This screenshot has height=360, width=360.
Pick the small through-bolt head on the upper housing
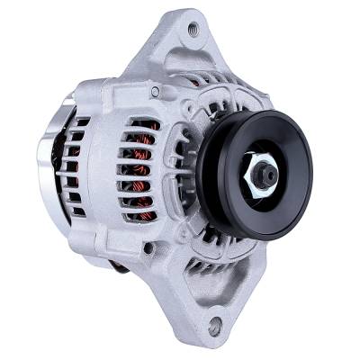[155, 92]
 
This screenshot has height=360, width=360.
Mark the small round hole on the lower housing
[148, 247]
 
